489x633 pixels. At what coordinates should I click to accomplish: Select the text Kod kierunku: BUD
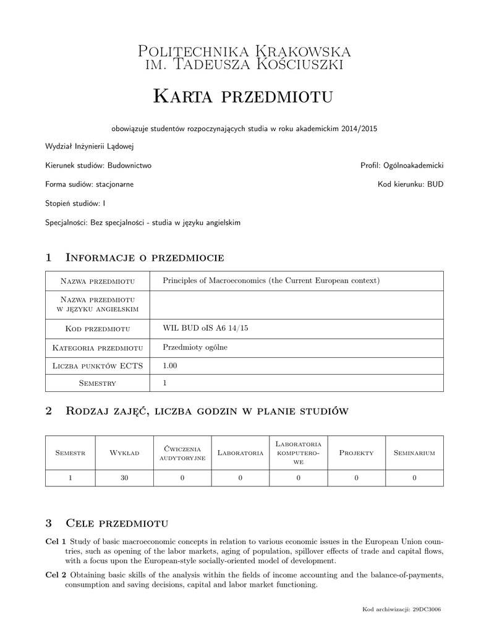click(410, 184)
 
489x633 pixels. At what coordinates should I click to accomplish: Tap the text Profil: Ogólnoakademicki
click(402, 166)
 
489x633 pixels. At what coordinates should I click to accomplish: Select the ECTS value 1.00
click(169, 365)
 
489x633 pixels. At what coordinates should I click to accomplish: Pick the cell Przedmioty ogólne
click(195, 347)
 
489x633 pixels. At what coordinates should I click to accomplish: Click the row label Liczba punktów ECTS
click(98, 366)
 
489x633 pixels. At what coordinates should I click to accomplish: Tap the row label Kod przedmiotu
click(98, 328)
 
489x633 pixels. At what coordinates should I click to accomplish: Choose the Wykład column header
click(124, 453)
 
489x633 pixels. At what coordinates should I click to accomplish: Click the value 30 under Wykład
click(124, 478)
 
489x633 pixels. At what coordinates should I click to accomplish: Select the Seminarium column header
click(414, 453)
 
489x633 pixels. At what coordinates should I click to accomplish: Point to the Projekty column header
click(357, 453)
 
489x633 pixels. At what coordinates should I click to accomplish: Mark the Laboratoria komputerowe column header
click(298, 453)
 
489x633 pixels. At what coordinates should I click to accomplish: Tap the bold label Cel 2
click(55, 576)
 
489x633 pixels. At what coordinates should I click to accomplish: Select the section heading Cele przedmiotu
click(117, 524)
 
